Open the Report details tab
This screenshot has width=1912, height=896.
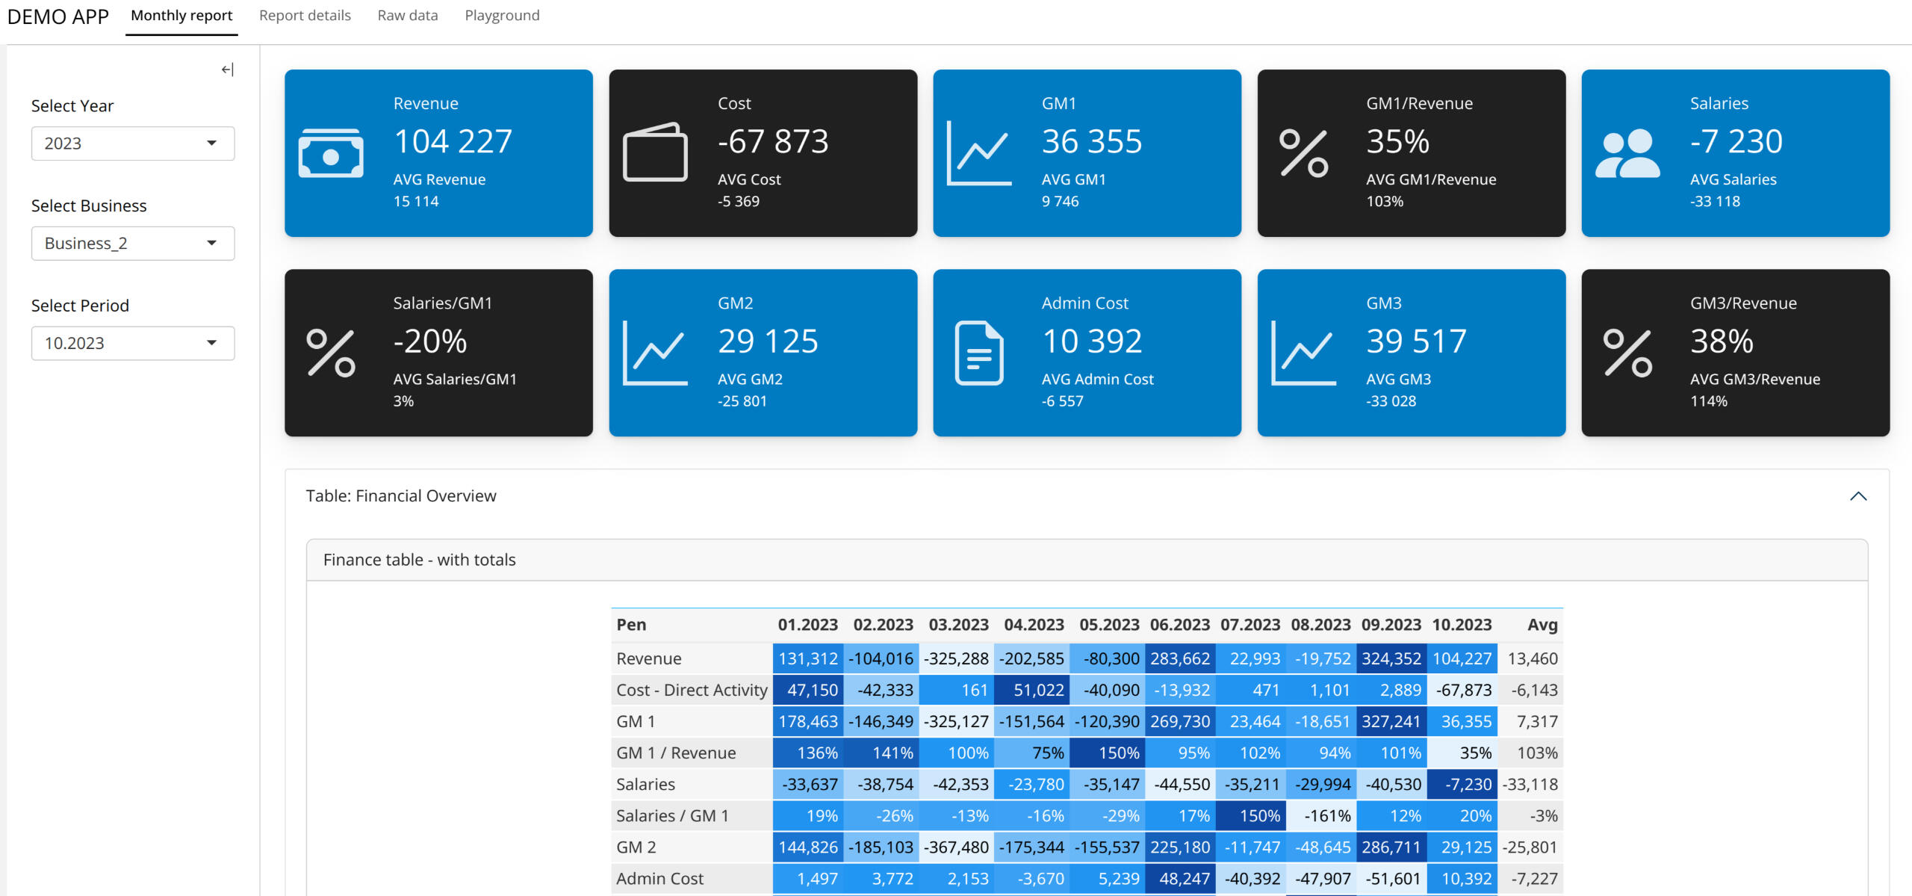305,16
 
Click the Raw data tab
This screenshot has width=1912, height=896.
408,16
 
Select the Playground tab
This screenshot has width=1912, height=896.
502,16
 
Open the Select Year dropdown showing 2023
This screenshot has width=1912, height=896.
133,143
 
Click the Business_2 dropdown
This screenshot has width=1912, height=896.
133,244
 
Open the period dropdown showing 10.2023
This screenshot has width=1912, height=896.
133,344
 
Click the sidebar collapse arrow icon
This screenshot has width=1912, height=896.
228,69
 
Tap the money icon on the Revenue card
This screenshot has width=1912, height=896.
331,153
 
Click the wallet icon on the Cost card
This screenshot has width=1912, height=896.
655,152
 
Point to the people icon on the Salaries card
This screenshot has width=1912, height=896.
1627,153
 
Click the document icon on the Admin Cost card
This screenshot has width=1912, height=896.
979,353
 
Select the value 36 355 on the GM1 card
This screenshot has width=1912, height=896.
1092,141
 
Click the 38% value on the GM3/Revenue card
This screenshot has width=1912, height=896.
1722,342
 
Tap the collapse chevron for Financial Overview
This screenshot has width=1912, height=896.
1858,496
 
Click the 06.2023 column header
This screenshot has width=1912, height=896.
1180,625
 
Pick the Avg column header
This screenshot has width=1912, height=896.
1542,625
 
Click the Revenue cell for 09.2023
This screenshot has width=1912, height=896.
1391,659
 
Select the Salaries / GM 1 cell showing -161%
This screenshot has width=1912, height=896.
1321,816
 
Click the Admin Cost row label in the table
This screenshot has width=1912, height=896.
660,879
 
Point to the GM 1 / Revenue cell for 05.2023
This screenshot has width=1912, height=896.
1107,753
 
